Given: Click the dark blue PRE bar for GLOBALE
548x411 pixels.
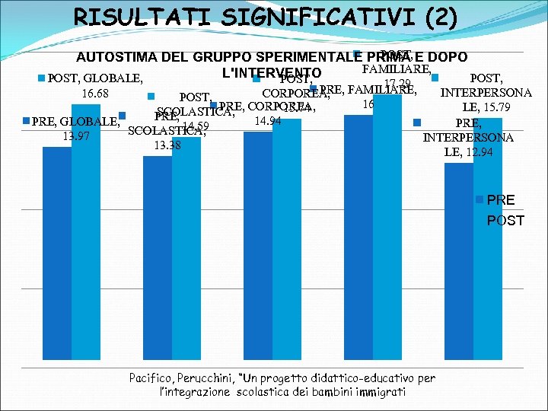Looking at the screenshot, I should [x=56, y=251].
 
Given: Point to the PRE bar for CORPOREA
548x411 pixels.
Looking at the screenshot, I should [x=257, y=244].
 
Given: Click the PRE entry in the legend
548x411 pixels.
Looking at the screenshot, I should [x=500, y=200].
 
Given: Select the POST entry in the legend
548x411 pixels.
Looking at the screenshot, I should [x=505, y=221].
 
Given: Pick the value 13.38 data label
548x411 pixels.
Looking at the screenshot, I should [x=168, y=145].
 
